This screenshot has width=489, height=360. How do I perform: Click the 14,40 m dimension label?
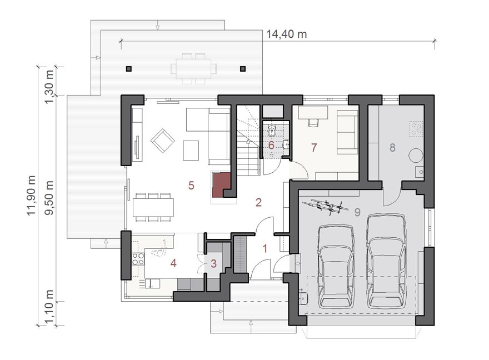286,34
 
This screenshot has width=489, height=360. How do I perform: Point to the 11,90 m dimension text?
31,196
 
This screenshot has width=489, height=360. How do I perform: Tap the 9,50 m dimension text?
49,198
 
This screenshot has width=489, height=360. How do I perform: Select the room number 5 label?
191,186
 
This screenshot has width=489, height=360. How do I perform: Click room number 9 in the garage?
357,212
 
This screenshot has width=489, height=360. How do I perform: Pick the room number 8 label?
392,147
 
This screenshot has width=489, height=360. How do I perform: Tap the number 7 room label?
314,147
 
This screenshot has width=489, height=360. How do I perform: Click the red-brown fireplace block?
221,185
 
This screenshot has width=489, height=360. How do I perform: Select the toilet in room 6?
272,131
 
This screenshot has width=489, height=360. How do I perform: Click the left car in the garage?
336,267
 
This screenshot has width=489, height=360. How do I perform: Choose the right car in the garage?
386,261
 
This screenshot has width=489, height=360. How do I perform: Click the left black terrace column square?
129,69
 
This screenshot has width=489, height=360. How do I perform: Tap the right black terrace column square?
243,69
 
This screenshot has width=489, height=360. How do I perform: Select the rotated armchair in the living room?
162,141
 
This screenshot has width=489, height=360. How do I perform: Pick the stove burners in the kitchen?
138,259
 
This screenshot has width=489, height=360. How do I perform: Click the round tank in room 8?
416,155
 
